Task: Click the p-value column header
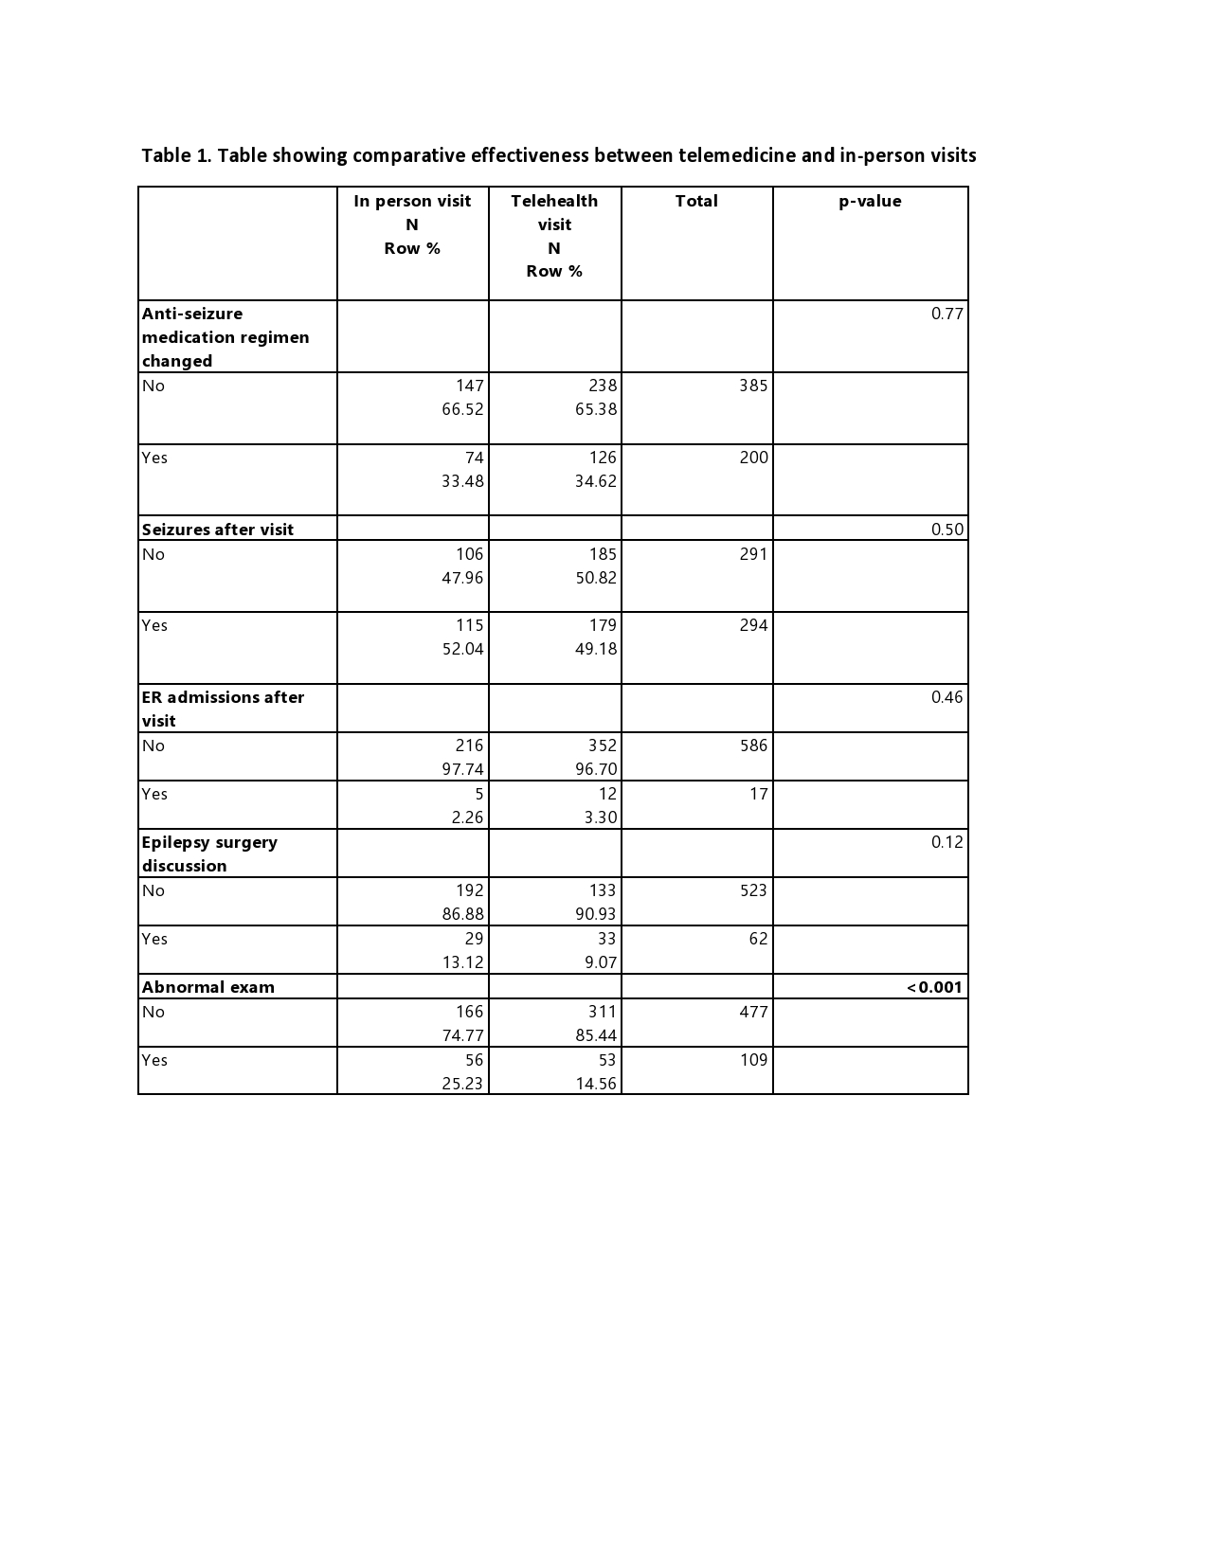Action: [870, 201]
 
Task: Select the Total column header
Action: [696, 201]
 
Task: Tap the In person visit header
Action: [412, 201]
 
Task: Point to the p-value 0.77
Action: [947, 314]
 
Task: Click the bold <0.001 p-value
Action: [934, 987]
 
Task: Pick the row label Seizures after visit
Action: [218, 530]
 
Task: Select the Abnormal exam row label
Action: [208, 987]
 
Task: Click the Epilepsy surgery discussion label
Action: [209, 853]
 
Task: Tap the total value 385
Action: [753, 386]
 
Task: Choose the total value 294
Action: [753, 625]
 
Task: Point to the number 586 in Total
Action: [753, 746]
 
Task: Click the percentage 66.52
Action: [462, 409]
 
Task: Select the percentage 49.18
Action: [596, 649]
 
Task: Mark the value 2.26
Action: [467, 817]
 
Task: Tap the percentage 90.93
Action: [596, 914]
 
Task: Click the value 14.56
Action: [596, 1084]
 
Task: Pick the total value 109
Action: [753, 1060]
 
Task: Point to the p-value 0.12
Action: [947, 842]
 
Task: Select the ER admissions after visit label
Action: [223, 709]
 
